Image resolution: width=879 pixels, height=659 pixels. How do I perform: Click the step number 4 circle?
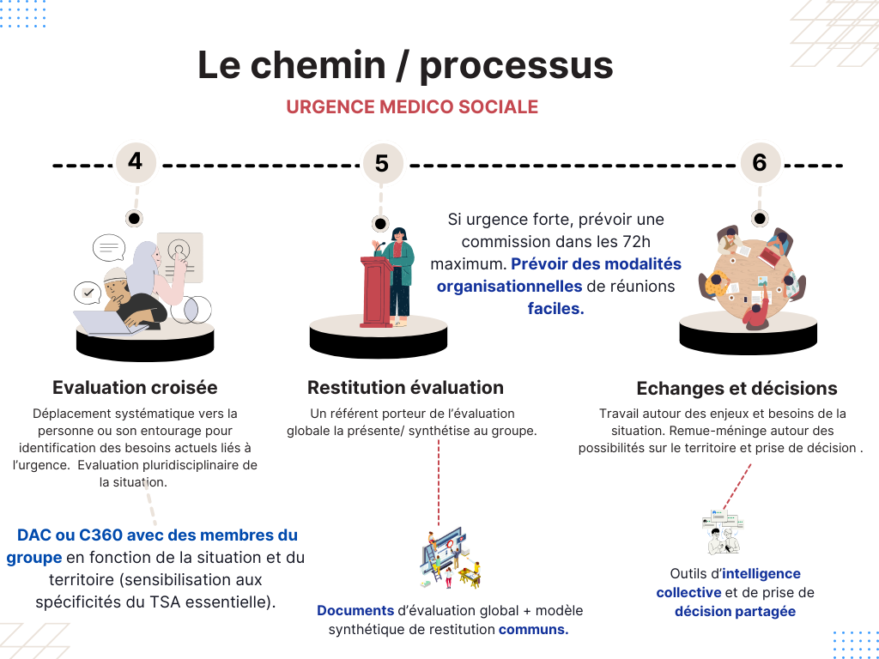136,161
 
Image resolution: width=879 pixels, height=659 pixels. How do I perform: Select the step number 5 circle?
382,163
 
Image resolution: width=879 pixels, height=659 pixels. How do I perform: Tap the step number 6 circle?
759,162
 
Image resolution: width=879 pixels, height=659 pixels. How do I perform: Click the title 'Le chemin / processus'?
405,66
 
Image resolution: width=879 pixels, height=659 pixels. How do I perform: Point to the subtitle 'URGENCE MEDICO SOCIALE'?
412,107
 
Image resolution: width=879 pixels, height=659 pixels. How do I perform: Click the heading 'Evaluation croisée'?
135,387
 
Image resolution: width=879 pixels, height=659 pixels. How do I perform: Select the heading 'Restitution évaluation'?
405,387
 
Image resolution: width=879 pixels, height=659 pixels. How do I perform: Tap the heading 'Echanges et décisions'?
737,388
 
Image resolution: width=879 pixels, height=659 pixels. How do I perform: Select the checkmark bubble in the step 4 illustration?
87,293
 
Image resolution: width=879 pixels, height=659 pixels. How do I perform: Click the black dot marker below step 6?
759,218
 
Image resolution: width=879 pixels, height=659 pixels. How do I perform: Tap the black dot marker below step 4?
135,218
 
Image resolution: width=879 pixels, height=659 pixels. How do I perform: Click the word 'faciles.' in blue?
555,309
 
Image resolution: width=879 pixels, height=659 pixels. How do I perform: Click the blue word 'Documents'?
355,611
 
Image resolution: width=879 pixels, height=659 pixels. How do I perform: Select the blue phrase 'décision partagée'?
735,612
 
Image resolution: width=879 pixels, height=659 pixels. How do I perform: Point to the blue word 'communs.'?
533,630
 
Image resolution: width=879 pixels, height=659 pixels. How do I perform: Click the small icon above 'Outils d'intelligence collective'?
721,532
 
